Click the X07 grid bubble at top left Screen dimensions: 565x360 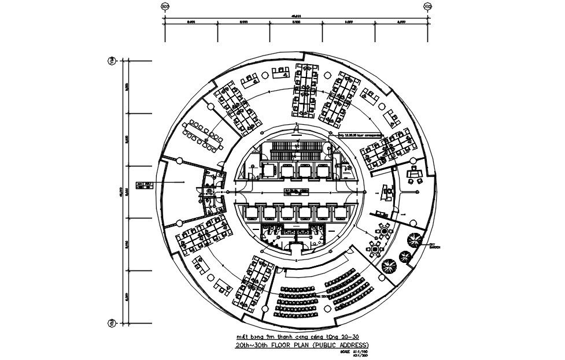pyautogui.click(x=165, y=7)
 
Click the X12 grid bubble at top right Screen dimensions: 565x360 pyautogui.click(x=428, y=7)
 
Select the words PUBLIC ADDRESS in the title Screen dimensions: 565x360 pyautogui.click(x=340, y=345)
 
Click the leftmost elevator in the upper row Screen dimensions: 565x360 pyautogui.click(x=269, y=170)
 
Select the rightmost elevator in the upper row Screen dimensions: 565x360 pyautogui.click(x=324, y=170)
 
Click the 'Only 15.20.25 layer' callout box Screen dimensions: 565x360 pyautogui.click(x=360, y=135)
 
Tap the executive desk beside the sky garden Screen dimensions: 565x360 pyautogui.click(x=415, y=172)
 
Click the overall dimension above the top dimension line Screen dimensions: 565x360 pyautogui.click(x=296, y=16)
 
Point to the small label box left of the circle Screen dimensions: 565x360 pyautogui.click(x=145, y=184)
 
